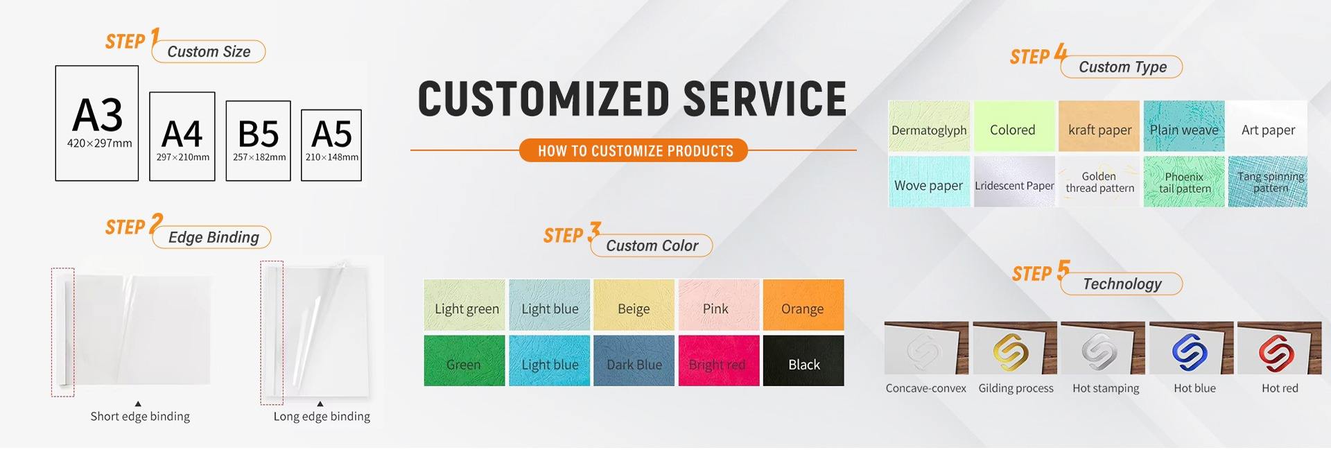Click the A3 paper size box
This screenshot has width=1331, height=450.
[97, 123]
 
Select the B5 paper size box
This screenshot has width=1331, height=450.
[258, 141]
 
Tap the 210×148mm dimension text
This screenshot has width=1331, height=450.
[332, 157]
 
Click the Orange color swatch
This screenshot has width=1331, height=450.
[803, 305]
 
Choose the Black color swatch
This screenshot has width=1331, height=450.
[803, 361]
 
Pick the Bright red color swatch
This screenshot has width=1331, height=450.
[719, 361]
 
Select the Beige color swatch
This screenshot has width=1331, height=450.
[634, 305]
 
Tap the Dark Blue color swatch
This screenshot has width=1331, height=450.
[634, 361]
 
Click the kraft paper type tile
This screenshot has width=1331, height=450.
[1099, 126]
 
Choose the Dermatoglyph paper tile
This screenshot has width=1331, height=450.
[929, 126]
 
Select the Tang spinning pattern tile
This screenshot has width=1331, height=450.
[1268, 182]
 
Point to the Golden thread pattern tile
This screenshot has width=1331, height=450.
[1099, 182]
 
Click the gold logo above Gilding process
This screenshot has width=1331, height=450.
[1011, 351]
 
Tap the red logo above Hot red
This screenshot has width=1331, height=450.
[1277, 351]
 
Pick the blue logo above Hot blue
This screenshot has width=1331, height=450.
[1190, 351]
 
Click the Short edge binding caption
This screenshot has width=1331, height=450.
[140, 416]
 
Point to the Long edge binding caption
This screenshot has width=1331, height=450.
[322, 416]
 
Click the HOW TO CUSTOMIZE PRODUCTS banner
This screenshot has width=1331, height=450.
[634, 150]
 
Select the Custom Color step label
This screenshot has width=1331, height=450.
[652, 245]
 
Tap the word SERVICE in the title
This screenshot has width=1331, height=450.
[765, 98]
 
